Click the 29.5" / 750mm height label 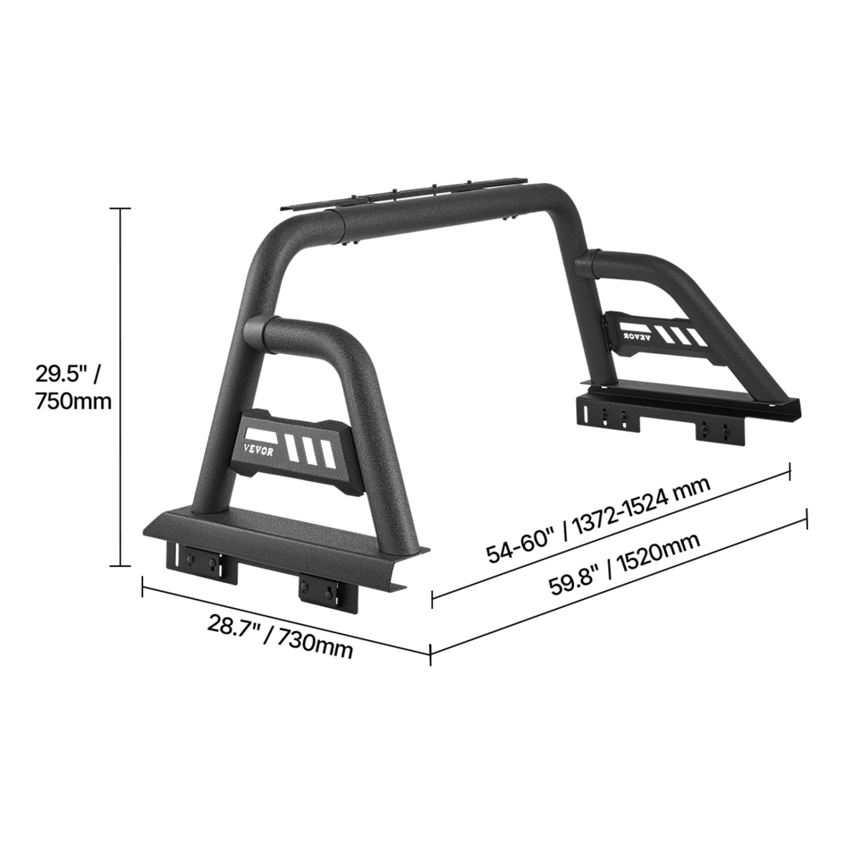[x=73, y=388]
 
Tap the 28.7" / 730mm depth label [x=280, y=636]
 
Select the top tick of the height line [x=120, y=209]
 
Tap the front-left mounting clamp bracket [x=201, y=564]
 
